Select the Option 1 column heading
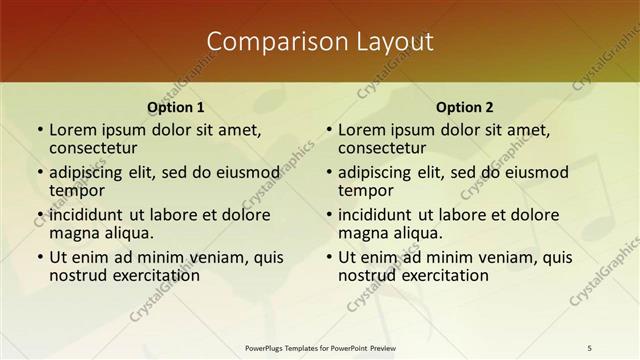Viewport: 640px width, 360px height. point(176,107)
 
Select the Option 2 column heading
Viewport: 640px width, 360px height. point(464,107)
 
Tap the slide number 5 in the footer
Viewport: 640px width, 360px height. point(590,347)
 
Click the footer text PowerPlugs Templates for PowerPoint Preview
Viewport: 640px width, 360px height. point(320,347)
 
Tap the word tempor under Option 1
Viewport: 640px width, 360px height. point(77,190)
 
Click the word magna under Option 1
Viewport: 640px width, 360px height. point(73,233)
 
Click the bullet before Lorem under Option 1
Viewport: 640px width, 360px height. point(40,130)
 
